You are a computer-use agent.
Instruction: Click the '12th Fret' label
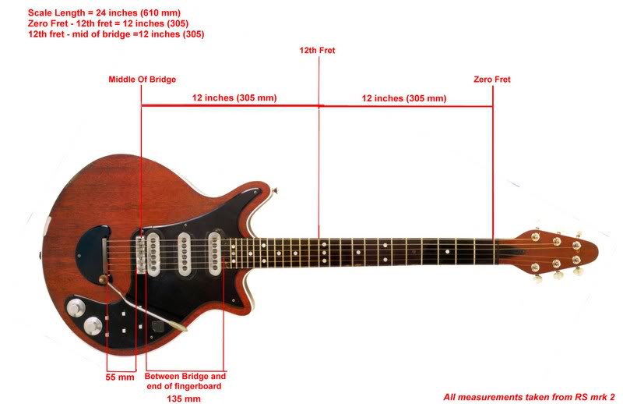pos(317,51)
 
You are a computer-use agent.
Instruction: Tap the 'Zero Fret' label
pos(492,80)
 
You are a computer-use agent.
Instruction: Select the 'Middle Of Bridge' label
pos(143,80)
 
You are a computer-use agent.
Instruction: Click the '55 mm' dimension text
pos(120,377)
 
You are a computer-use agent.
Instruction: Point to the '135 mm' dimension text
pos(184,399)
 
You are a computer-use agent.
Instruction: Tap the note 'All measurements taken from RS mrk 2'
pos(529,397)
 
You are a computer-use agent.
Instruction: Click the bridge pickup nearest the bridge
pos(153,253)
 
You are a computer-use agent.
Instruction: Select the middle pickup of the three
pos(184,253)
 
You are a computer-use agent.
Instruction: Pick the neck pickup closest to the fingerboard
pos(215,253)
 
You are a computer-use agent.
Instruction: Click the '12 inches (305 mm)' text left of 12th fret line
pos(234,97)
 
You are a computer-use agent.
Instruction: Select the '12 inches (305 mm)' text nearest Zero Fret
pos(404,98)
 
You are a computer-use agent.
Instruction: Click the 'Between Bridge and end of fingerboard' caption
pos(185,381)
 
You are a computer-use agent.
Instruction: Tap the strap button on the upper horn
pos(275,191)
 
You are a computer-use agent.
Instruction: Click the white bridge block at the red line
pos(141,255)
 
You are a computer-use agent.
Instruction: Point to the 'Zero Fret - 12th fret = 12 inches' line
pos(108,23)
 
